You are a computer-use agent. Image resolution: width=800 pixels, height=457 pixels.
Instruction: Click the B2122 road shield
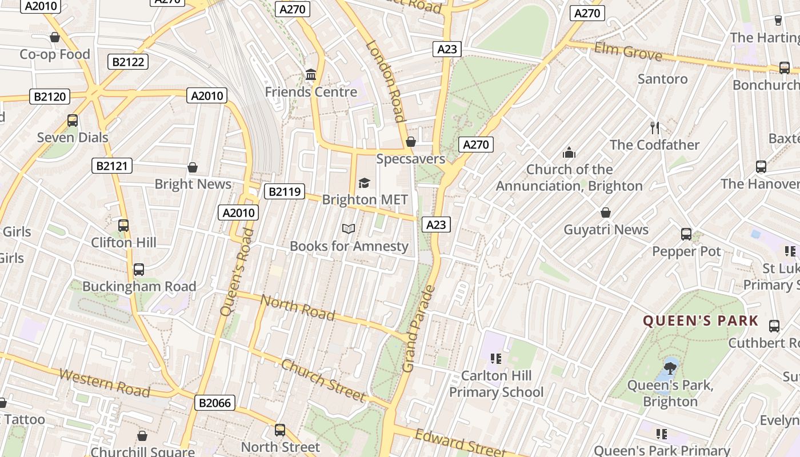click(x=128, y=62)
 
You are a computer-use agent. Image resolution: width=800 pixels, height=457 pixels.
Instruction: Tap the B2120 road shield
click(x=50, y=96)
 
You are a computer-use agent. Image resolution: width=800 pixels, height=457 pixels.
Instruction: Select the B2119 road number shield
click(x=284, y=191)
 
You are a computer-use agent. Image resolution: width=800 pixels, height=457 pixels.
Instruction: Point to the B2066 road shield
click(x=215, y=403)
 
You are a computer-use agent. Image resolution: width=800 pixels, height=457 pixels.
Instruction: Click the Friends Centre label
click(x=311, y=91)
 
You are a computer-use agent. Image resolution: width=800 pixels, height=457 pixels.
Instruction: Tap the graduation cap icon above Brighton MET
click(x=364, y=183)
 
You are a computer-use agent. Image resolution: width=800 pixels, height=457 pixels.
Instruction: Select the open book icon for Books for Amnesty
click(x=349, y=229)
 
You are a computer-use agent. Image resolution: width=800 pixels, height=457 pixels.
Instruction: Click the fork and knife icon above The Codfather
click(x=655, y=128)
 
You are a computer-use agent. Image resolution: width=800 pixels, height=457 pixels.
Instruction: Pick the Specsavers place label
click(x=410, y=159)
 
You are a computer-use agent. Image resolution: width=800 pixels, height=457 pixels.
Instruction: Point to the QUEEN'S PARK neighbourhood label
click(x=701, y=320)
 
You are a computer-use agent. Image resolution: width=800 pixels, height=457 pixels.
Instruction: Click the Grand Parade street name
click(x=419, y=328)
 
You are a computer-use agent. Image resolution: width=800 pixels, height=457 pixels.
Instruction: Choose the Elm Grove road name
click(x=628, y=51)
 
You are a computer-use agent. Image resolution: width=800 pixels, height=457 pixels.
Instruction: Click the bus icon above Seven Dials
click(x=73, y=121)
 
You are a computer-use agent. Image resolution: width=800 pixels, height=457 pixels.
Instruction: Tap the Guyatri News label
click(x=606, y=230)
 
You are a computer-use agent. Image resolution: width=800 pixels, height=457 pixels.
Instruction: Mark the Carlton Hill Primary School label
click(x=496, y=384)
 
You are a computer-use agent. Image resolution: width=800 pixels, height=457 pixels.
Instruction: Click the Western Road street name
click(x=105, y=383)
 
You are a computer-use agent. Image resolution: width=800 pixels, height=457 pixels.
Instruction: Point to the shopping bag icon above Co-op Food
click(x=55, y=38)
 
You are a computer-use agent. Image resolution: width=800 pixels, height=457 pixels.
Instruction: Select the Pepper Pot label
click(x=686, y=251)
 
